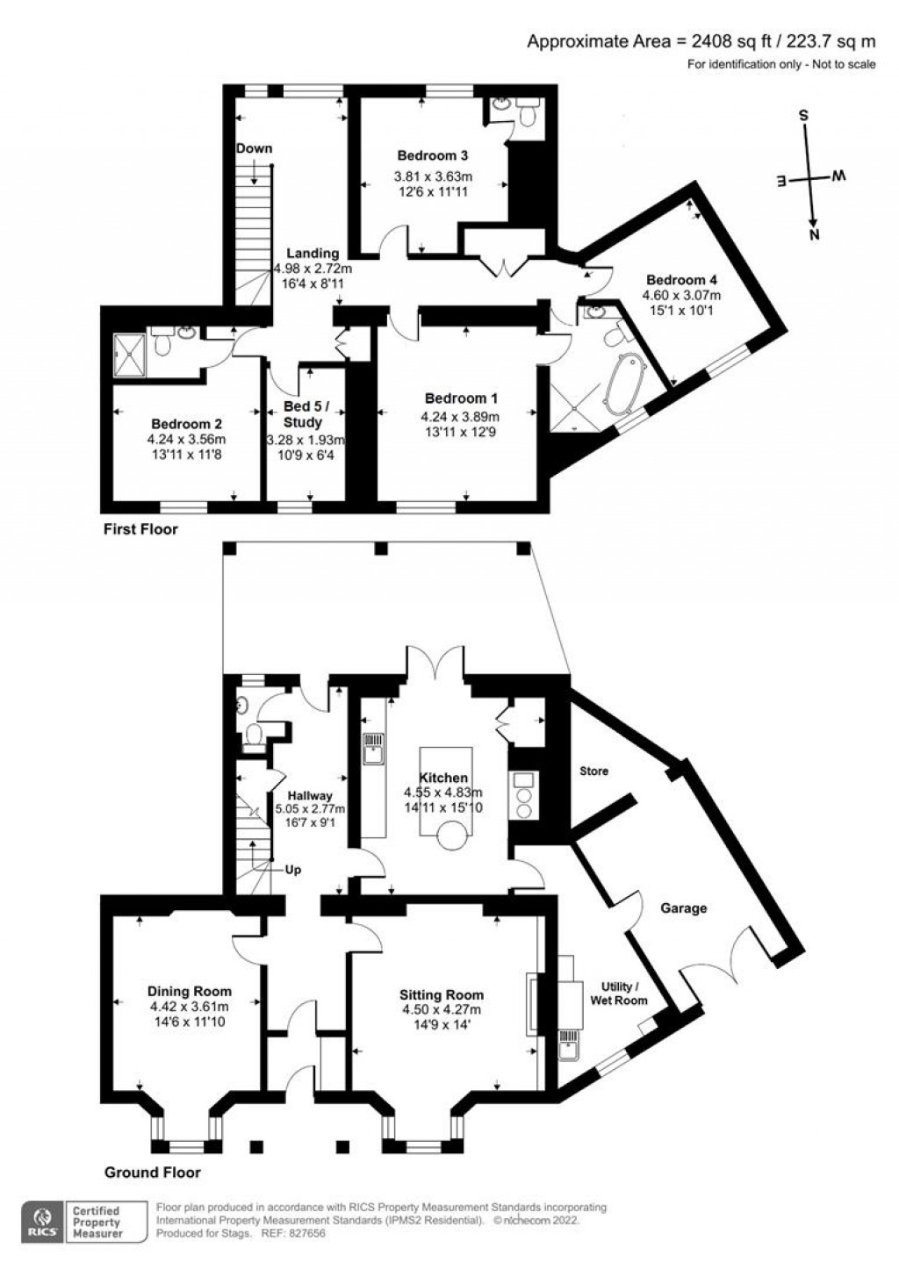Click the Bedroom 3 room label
tap(432, 155)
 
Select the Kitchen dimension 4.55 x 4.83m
tap(443, 793)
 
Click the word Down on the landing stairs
tap(254, 148)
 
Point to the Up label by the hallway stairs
tap(293, 870)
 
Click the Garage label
tap(683, 908)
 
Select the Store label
tap(593, 771)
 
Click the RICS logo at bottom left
tap(42, 1222)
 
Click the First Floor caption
tap(140, 528)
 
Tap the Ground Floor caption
tap(152, 1172)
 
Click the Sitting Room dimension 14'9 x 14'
tap(441, 1024)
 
